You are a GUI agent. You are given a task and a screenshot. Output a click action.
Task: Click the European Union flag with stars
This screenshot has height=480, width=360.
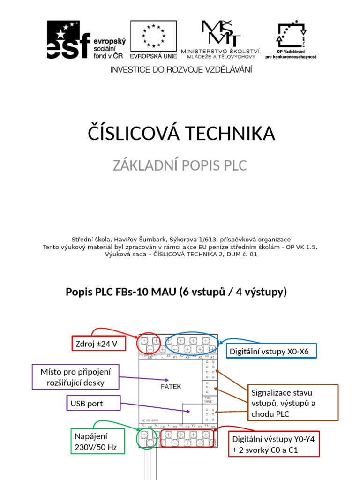coord(153,37)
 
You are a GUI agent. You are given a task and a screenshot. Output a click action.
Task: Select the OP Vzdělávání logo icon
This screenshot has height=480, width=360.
coord(290,36)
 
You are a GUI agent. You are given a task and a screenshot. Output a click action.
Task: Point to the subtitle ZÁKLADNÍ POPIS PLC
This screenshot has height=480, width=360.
coord(180,165)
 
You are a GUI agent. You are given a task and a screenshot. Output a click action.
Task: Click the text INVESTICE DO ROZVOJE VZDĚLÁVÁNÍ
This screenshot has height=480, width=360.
coord(181,69)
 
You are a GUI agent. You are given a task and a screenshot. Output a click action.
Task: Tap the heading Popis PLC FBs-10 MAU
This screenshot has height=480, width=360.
coord(176,292)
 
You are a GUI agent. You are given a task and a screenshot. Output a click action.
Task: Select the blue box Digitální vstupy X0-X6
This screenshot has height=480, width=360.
coord(272,351)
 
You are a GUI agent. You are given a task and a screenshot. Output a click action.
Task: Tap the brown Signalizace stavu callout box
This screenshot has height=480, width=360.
coord(292,403)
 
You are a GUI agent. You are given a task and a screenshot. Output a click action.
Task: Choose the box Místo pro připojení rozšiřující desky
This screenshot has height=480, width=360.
coord(75,377)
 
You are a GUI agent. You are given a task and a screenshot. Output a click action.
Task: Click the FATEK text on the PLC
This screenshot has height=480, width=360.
coord(171,387)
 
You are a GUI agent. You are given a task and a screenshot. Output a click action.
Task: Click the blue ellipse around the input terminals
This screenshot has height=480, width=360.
coord(191,345)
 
